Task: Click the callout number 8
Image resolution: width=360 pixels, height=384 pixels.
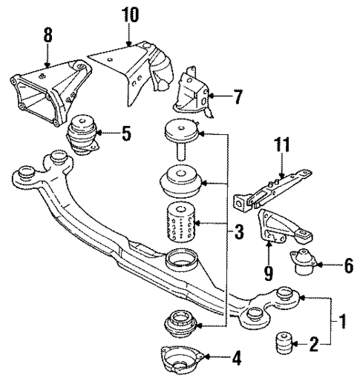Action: [48, 34]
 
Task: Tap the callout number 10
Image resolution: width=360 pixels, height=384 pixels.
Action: [131, 15]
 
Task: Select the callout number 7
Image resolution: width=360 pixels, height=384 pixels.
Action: [238, 96]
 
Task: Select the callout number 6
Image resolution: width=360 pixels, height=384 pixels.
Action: [348, 265]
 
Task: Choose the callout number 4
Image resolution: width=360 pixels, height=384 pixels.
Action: [235, 359]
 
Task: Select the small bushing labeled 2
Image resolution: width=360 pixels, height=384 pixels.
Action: [285, 344]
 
